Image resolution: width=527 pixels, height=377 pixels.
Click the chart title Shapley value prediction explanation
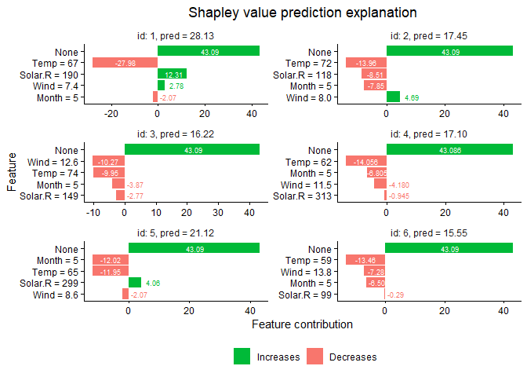pos(302,13)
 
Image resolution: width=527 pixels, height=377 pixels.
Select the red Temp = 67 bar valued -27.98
pos(125,63)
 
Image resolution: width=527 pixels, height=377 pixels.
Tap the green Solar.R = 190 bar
pos(172,74)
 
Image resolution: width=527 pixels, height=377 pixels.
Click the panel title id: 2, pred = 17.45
pos(430,35)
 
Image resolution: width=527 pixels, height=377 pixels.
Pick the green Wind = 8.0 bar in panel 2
pos(393,97)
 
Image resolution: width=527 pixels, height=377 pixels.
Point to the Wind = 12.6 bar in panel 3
pos(108,161)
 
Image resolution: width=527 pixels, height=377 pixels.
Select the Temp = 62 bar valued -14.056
pos(365,161)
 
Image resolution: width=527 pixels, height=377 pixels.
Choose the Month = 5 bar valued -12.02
pos(111,260)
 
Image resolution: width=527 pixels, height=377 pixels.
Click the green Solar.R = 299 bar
pos(135,282)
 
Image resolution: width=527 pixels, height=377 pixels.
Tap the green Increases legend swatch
pos(242,357)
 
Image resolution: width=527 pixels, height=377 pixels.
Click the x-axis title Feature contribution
pos(302,324)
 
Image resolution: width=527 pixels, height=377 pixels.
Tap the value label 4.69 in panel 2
pos(412,97)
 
